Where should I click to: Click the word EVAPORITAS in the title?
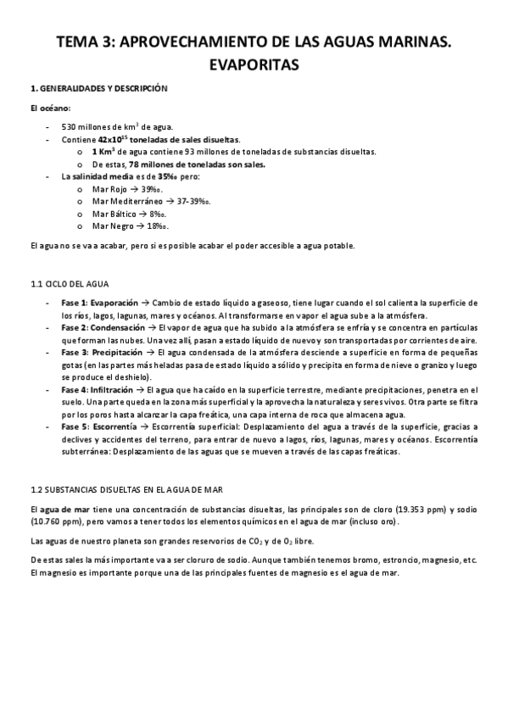254,63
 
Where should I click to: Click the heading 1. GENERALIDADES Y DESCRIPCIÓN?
98,88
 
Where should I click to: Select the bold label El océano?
51,109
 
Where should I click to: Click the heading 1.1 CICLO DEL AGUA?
75,281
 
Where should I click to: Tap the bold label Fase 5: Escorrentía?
98,426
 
